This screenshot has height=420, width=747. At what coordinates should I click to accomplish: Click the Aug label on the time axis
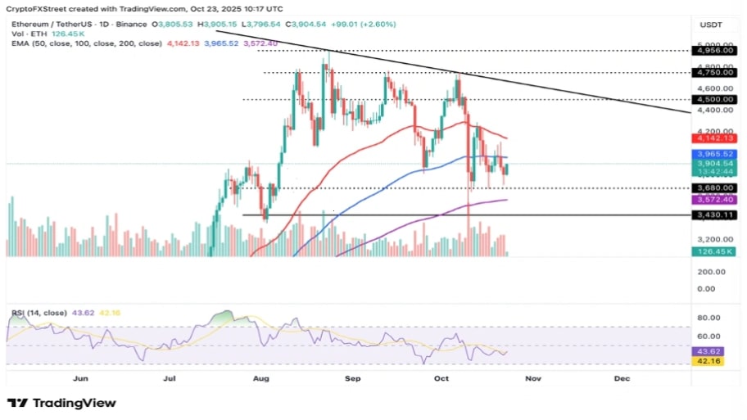[261, 379]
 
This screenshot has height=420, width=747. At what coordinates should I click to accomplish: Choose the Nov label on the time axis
[533, 379]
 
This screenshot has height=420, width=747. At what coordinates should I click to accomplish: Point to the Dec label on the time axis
[622, 379]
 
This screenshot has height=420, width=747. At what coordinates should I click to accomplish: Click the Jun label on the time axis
[80, 379]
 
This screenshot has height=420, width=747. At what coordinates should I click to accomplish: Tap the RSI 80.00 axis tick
[708, 318]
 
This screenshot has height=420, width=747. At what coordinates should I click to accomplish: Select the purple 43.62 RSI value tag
[707, 350]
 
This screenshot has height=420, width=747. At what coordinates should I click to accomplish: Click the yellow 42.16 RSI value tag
[707, 360]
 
